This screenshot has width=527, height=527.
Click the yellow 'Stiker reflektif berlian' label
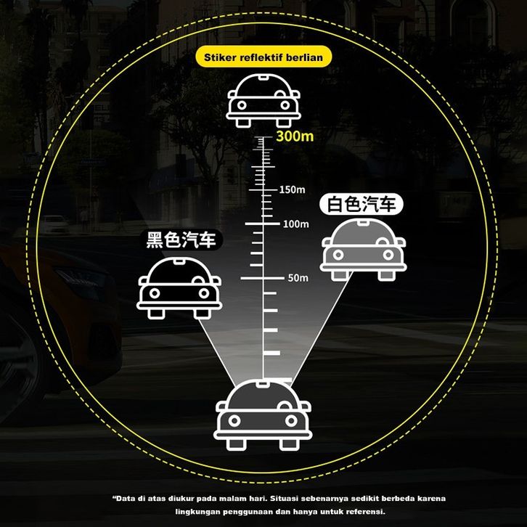(263, 57)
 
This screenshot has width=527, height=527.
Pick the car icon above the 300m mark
(264, 100)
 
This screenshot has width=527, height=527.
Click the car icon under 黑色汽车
(179, 287)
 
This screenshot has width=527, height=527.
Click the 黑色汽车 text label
(181, 240)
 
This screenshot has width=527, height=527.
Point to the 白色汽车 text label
(361, 205)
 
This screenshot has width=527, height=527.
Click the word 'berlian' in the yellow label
(305, 57)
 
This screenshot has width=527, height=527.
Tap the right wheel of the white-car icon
(385, 275)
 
